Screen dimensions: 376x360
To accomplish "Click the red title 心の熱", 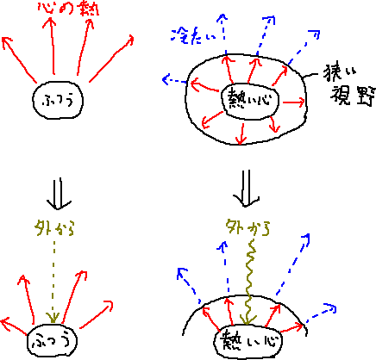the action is pyautogui.click(x=68, y=9).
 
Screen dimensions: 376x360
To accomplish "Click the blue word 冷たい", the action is pyautogui.click(x=193, y=35).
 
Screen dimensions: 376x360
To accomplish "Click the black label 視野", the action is pyautogui.click(x=353, y=96).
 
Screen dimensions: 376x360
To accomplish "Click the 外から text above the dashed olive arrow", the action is pyautogui.click(x=53, y=229).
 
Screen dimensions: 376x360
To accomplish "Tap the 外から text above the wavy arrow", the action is pyautogui.click(x=248, y=228).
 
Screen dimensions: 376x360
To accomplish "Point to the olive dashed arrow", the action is pyautogui.click(x=53, y=282).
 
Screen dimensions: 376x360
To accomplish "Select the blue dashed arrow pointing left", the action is pyautogui.click(x=175, y=80).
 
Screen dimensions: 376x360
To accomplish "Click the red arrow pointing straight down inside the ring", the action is pyautogui.click(x=241, y=133).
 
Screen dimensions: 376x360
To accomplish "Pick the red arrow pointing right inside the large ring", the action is pyautogui.click(x=293, y=102).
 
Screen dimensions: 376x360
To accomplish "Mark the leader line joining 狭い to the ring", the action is pyautogui.click(x=310, y=75).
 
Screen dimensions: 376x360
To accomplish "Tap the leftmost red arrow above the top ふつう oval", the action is pyautogui.click(x=19, y=59).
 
